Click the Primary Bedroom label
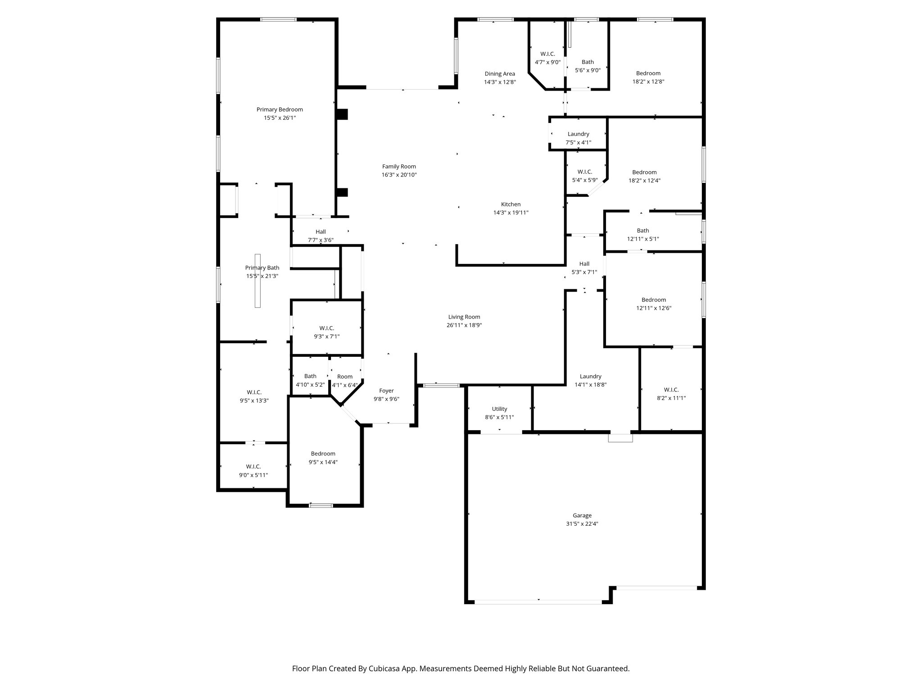coord(280,109)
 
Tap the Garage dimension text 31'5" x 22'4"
coord(582,524)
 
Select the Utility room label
coord(499,409)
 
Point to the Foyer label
coord(386,391)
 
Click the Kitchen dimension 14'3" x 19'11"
coord(511,213)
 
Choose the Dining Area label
coord(500,74)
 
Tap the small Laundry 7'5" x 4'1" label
coord(578,134)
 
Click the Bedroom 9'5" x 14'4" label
coord(323,454)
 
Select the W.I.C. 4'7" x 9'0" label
coord(547,54)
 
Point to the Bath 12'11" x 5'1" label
coord(642,231)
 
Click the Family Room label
coord(399,167)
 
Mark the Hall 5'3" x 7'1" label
coord(584,264)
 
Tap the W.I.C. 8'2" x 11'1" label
coord(671,390)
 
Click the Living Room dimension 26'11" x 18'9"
coord(464,325)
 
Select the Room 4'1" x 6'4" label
coord(345,377)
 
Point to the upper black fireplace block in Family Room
coord(342,114)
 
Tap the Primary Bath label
coord(262,268)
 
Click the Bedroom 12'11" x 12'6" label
coord(653,300)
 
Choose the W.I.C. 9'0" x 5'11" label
coord(253,467)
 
